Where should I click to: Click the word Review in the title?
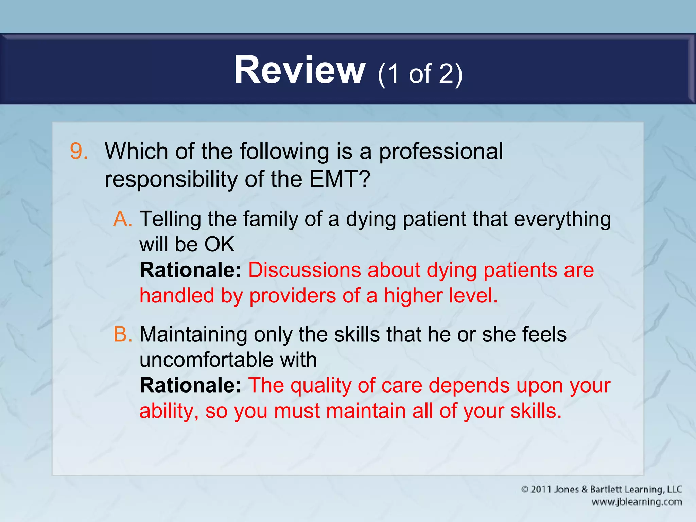pos(299,70)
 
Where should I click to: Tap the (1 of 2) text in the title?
pos(420,73)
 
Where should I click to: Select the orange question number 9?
pos(79,151)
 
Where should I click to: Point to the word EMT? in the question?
pos(340,179)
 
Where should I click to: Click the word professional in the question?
pos(440,151)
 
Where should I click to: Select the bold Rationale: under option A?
pos(190,270)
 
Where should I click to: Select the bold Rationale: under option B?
pos(190,385)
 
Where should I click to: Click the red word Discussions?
pos(304,270)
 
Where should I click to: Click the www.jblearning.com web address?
pos(637,502)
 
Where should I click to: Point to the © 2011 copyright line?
pos(602,490)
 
